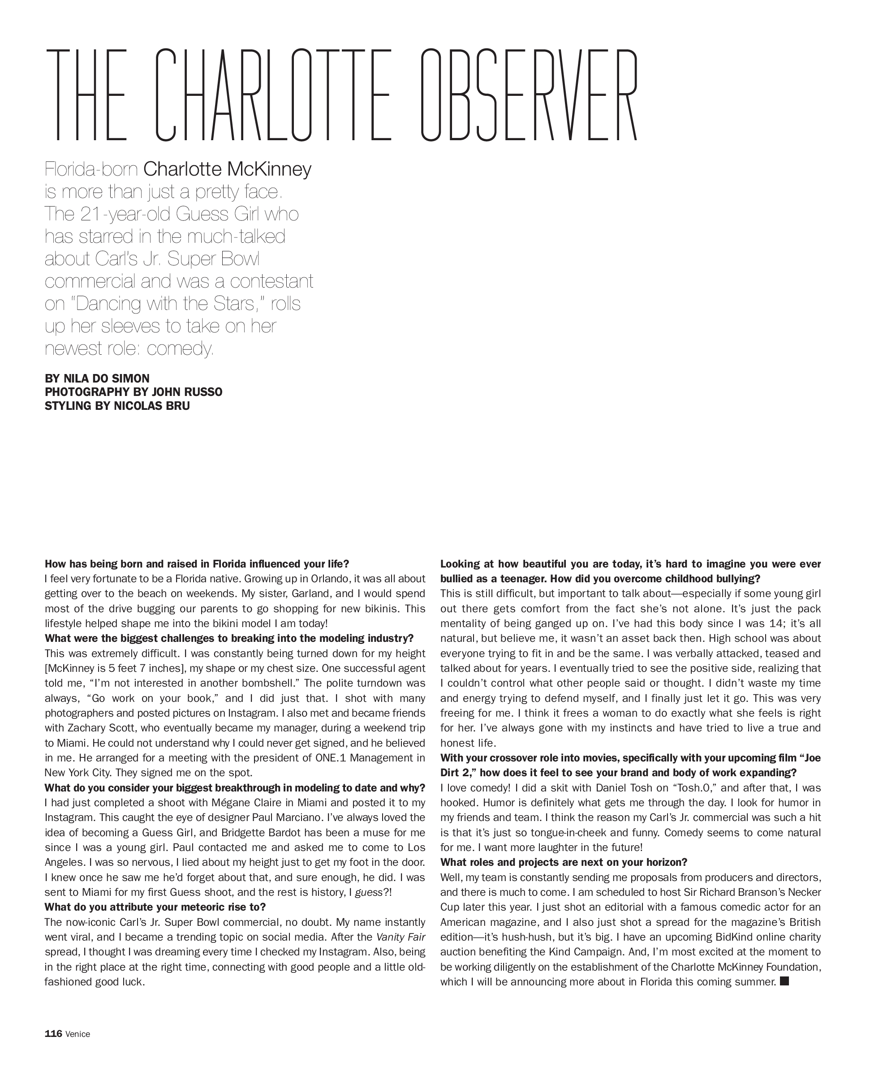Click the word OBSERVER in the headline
[530, 96]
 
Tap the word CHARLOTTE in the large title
[273, 96]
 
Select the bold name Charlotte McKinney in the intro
[227, 169]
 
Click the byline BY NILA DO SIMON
[97, 378]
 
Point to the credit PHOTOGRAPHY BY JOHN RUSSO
[134, 392]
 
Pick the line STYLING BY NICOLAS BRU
[117, 406]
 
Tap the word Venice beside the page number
[78, 1034]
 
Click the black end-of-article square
[784, 981]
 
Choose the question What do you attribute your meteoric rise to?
[155, 907]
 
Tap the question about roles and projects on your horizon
[563, 862]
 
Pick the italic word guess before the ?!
[369, 892]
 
